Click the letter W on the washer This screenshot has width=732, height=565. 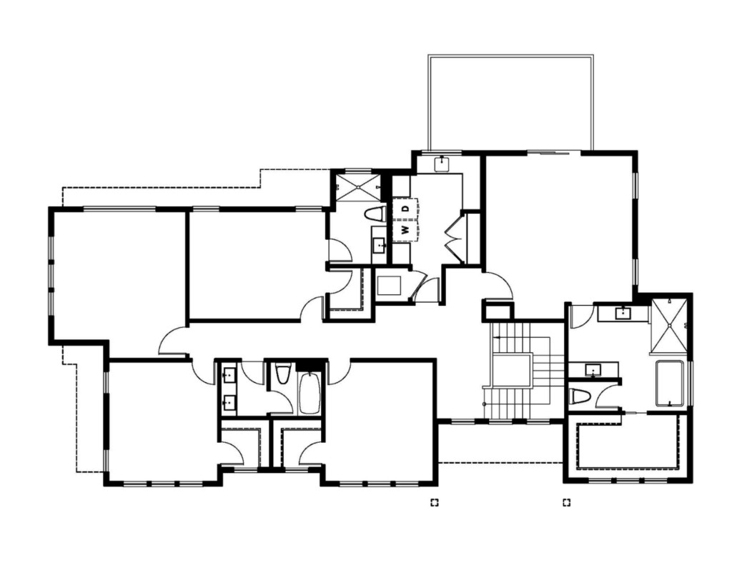[405, 230]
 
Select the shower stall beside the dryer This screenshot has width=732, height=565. [358, 188]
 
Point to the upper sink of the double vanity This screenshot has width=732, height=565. [229, 374]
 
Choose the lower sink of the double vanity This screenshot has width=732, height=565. [229, 401]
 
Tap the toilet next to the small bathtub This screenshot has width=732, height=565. [282, 375]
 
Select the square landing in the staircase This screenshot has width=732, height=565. [512, 370]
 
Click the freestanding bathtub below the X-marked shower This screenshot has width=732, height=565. [670, 384]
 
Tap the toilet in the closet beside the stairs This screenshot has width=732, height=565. [580, 398]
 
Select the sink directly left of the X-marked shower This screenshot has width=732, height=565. [623, 313]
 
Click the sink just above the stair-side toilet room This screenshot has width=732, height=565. [593, 370]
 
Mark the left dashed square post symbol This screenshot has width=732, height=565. [434, 502]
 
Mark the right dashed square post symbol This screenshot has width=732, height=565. [567, 502]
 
